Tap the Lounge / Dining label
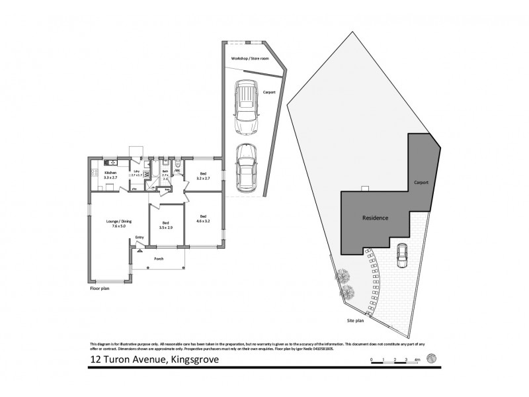point(106,223)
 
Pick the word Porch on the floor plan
point(158,259)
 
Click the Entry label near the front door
point(140,238)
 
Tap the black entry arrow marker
point(140,251)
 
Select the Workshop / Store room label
point(250,59)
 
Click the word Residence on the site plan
point(375,218)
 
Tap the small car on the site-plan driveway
point(401,256)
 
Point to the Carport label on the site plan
point(421,182)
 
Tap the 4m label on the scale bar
point(418,359)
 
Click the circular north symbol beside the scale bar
point(432,358)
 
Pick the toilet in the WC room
point(179,165)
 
